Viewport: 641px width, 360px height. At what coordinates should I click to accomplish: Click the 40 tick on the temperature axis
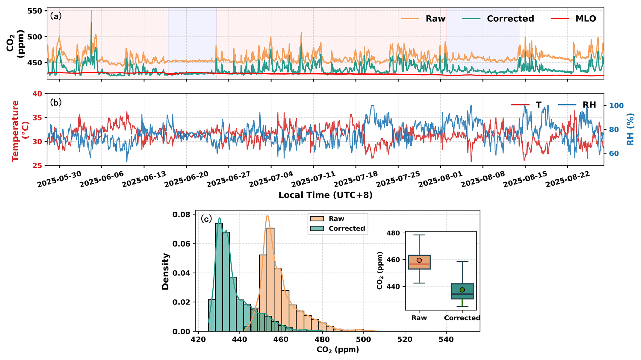36,94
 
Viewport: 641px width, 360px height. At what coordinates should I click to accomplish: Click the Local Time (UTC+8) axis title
325,195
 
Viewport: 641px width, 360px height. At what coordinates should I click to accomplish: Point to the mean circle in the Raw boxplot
419,260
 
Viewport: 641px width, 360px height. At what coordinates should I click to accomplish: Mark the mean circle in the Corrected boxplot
462,290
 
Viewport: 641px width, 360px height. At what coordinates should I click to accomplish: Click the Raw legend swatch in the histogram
317,219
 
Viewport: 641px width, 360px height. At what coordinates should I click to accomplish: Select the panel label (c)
206,219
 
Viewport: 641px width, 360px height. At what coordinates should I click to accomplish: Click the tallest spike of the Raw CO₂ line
91,11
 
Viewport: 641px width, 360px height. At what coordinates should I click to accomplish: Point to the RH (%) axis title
630,129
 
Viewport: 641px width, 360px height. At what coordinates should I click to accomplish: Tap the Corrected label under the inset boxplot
462,318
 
